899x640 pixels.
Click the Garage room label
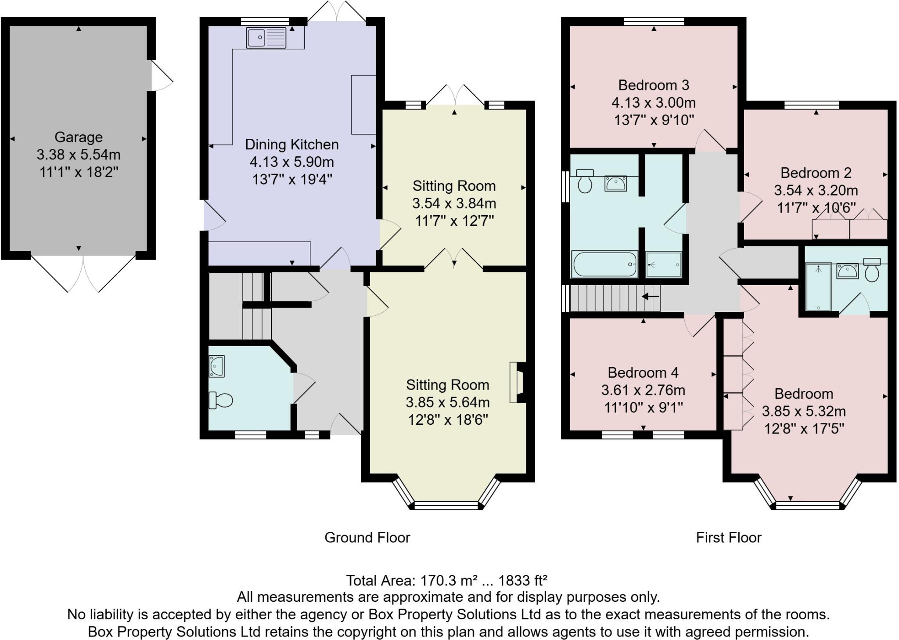pyautogui.click(x=79, y=137)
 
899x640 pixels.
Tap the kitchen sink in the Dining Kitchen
pyautogui.click(x=266, y=38)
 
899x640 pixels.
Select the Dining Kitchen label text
pyautogui.click(x=291, y=145)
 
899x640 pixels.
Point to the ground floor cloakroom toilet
pyautogui.click(x=221, y=400)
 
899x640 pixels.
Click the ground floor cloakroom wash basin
pyautogui.click(x=217, y=366)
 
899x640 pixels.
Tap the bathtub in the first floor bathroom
pyautogui.click(x=604, y=264)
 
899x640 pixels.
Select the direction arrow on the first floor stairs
pyautogui.click(x=651, y=297)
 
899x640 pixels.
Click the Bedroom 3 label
pyautogui.click(x=654, y=85)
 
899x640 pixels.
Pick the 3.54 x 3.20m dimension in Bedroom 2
pyautogui.click(x=816, y=190)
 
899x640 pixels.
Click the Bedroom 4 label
pyautogui.click(x=643, y=373)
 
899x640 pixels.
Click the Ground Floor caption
pyautogui.click(x=367, y=538)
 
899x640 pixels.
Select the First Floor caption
pyautogui.click(x=728, y=538)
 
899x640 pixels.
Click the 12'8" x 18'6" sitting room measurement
pyautogui.click(x=448, y=420)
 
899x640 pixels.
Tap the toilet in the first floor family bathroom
pyautogui.click(x=585, y=181)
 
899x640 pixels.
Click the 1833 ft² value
pyautogui.click(x=522, y=581)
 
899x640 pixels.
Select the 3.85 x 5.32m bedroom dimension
pyautogui.click(x=803, y=412)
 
